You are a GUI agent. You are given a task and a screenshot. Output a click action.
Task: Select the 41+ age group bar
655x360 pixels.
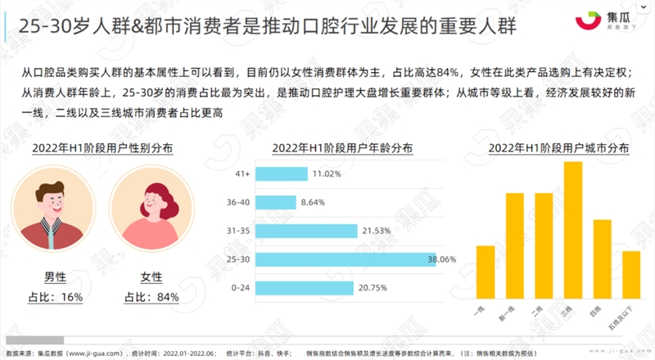point(282,173)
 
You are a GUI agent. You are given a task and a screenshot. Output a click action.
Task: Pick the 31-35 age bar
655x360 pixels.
point(308,231)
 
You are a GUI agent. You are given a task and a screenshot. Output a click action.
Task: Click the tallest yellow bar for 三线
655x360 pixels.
point(573,232)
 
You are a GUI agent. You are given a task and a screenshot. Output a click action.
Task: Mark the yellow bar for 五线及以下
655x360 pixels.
point(630,276)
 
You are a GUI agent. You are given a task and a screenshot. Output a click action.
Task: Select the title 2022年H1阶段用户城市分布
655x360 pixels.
point(558,148)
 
